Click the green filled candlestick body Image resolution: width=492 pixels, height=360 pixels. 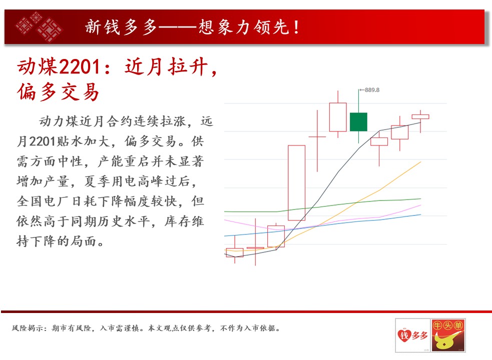[x=358, y=121]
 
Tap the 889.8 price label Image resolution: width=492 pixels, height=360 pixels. [x=372, y=90]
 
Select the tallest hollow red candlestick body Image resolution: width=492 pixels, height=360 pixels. [x=296, y=183]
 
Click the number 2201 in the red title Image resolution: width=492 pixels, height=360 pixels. [x=80, y=67]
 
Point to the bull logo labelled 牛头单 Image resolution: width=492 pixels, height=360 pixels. [x=448, y=334]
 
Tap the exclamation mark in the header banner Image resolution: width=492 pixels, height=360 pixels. [x=296, y=27]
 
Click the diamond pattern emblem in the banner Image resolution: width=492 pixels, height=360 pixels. [x=39, y=26]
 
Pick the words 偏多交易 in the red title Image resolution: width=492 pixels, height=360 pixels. [x=58, y=92]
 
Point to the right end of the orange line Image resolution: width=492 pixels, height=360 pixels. [x=420, y=162]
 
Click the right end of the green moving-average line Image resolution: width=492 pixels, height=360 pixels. [x=420, y=199]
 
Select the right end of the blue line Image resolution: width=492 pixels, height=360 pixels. [x=420, y=214]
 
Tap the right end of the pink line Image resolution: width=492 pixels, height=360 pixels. [x=420, y=205]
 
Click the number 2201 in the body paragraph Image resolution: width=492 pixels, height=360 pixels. [x=43, y=141]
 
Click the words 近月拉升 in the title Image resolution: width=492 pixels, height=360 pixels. [x=166, y=67]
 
